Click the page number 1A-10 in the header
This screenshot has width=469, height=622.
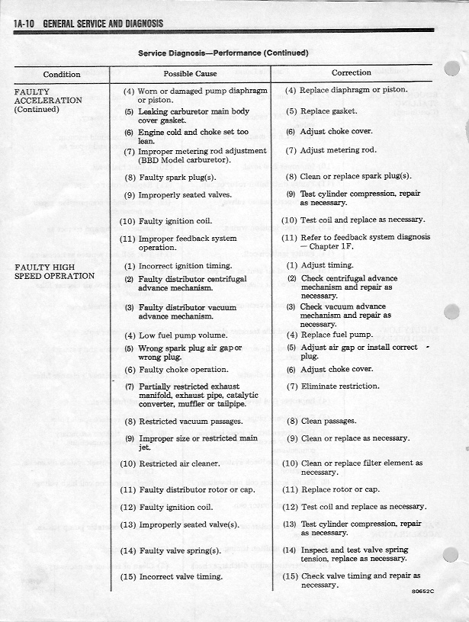(26, 24)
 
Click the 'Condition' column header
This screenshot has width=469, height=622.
(62, 74)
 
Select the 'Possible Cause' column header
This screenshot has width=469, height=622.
(190, 74)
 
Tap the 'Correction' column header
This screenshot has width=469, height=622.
(352, 73)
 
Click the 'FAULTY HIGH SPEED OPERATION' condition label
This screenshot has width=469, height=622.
(55, 271)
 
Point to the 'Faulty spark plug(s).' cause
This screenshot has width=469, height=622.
(176, 178)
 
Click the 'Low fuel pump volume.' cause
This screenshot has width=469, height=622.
(182, 335)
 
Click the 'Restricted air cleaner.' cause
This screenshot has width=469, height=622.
(179, 463)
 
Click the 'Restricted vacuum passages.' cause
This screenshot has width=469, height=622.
(190, 421)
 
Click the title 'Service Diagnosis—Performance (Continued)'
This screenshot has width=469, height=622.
(223, 53)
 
